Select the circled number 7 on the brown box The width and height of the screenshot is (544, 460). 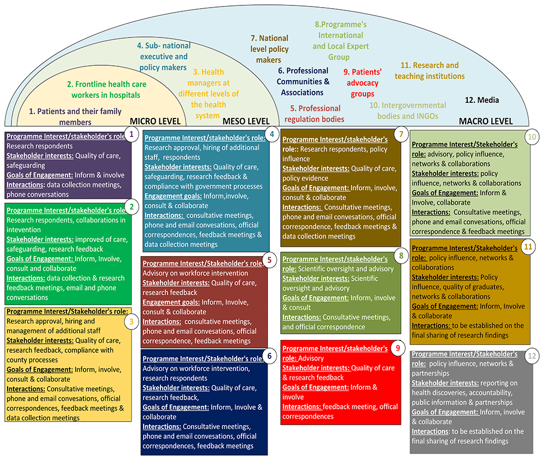pyautogui.click(x=401, y=134)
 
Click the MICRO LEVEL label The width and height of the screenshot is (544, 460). pyautogui.click(x=154, y=121)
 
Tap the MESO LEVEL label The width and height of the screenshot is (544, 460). pyautogui.click(x=248, y=121)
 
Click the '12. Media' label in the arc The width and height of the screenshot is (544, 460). pyautogui.click(x=481, y=100)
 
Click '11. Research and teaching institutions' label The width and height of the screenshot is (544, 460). pyautogui.click(x=430, y=71)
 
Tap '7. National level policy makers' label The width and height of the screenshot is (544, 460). pyautogui.click(x=269, y=49)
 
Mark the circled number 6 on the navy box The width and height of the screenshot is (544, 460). pyautogui.click(x=268, y=356)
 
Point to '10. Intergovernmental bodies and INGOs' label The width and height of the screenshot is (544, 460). pyautogui.click(x=407, y=110)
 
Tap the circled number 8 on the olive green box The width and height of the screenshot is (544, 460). pyautogui.click(x=401, y=255)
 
